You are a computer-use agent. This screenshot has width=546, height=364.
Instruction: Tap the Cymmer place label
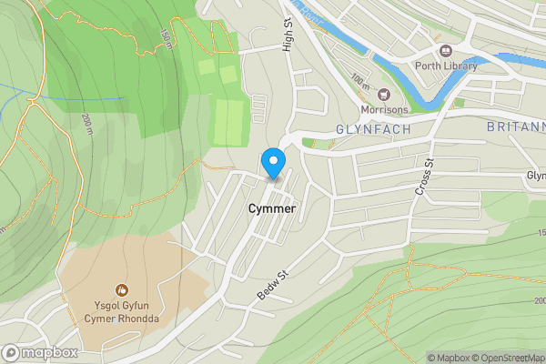(x=271, y=208)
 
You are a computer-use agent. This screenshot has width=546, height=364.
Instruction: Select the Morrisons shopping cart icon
(x=382, y=95)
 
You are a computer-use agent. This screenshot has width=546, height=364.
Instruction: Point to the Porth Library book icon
(x=446, y=50)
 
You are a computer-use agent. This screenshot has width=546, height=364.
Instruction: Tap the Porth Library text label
(x=446, y=66)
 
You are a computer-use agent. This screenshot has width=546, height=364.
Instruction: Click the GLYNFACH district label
(x=374, y=130)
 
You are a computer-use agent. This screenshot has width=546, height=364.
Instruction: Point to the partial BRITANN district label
(x=514, y=128)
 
